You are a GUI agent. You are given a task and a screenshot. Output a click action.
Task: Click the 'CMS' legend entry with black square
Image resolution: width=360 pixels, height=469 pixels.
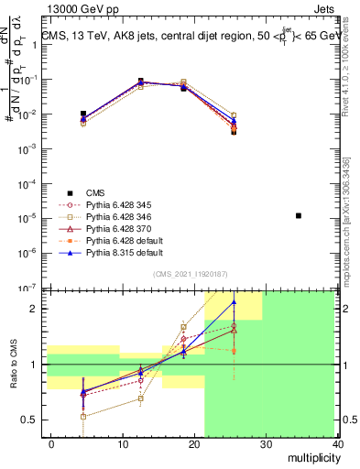click(96, 191)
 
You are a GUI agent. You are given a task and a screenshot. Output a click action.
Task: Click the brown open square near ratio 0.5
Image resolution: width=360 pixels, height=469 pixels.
click(83, 416)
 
